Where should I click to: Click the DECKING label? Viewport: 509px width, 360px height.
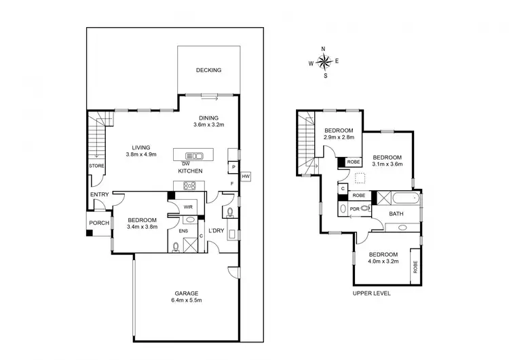pyautogui.click(x=208, y=71)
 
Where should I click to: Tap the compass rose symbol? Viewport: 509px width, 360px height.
pyautogui.click(x=324, y=62)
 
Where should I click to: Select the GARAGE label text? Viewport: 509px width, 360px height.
pyautogui.click(x=186, y=293)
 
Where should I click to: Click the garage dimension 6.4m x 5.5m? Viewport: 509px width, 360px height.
pyautogui.click(x=186, y=300)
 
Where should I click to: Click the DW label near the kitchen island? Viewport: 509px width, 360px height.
pyautogui.click(x=185, y=164)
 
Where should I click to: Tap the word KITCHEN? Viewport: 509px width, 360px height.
pyautogui.click(x=190, y=171)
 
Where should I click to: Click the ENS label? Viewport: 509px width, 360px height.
pyautogui.click(x=183, y=231)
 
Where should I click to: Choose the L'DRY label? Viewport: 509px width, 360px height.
pyautogui.click(x=216, y=231)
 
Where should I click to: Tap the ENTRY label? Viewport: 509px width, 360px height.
pyautogui.click(x=99, y=196)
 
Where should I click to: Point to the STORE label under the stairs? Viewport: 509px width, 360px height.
pyautogui.click(x=96, y=165)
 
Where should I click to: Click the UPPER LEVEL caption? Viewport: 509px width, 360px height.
pyautogui.click(x=371, y=293)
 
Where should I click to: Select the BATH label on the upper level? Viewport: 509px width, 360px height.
pyautogui.click(x=396, y=213)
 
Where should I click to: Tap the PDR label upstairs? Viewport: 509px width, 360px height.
pyautogui.click(x=354, y=209)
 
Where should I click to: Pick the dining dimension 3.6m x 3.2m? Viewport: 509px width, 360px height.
pyautogui.click(x=208, y=125)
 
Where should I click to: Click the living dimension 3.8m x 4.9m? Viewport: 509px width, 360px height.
pyautogui.click(x=141, y=155)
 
